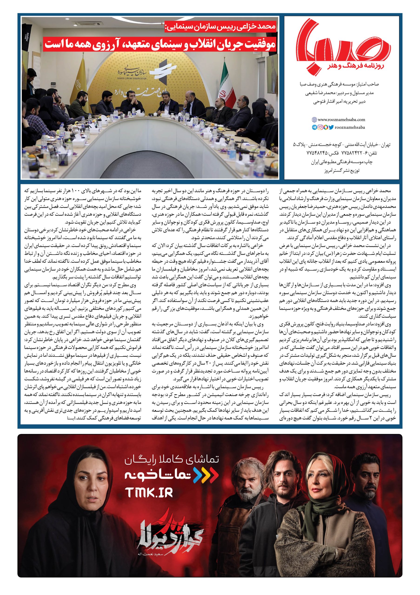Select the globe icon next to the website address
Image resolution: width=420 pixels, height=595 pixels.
point(314,120)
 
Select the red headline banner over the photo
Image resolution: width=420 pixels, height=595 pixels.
point(161,43)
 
